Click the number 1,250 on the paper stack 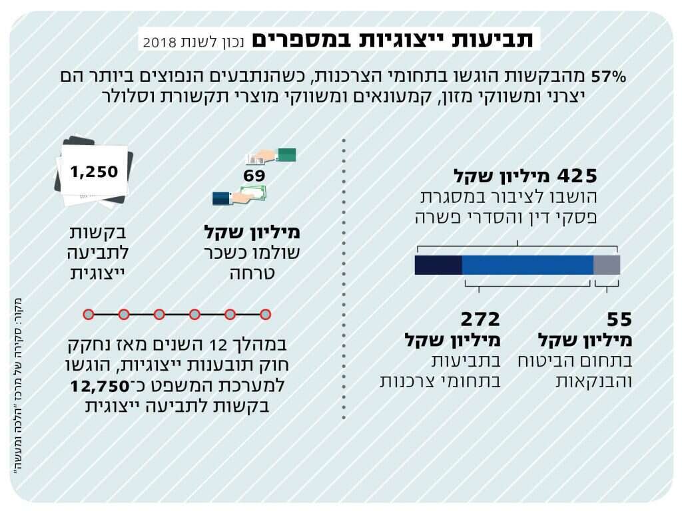point(94,172)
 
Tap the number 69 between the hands point(254,176)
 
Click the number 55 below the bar point(619,319)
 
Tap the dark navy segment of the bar point(438,265)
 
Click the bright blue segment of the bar point(527,265)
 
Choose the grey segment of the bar point(606,265)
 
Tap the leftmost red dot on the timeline point(88,314)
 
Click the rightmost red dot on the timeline point(265,314)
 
